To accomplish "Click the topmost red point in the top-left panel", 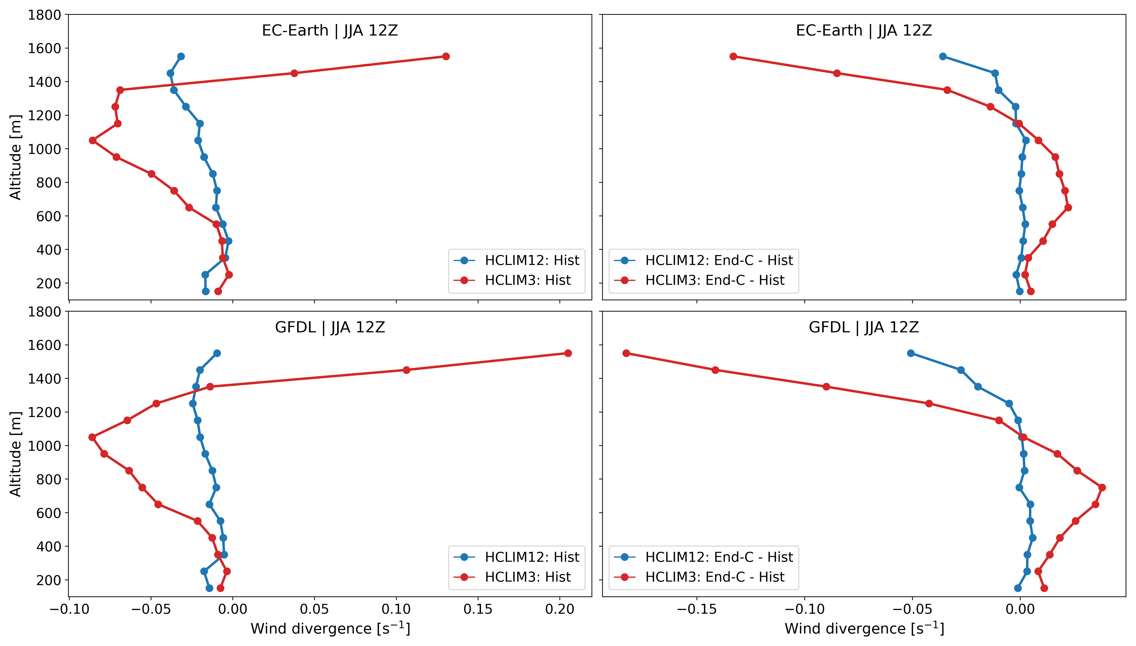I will (446, 56).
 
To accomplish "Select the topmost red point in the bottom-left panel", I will (568, 353).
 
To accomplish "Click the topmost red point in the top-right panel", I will (733, 56).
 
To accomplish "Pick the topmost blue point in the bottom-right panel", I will (911, 353).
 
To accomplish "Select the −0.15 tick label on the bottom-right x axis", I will (696, 609).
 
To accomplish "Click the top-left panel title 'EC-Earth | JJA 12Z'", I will (330, 31).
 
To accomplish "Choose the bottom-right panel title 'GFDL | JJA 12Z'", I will (864, 327).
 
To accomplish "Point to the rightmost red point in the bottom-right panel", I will (1102, 488).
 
